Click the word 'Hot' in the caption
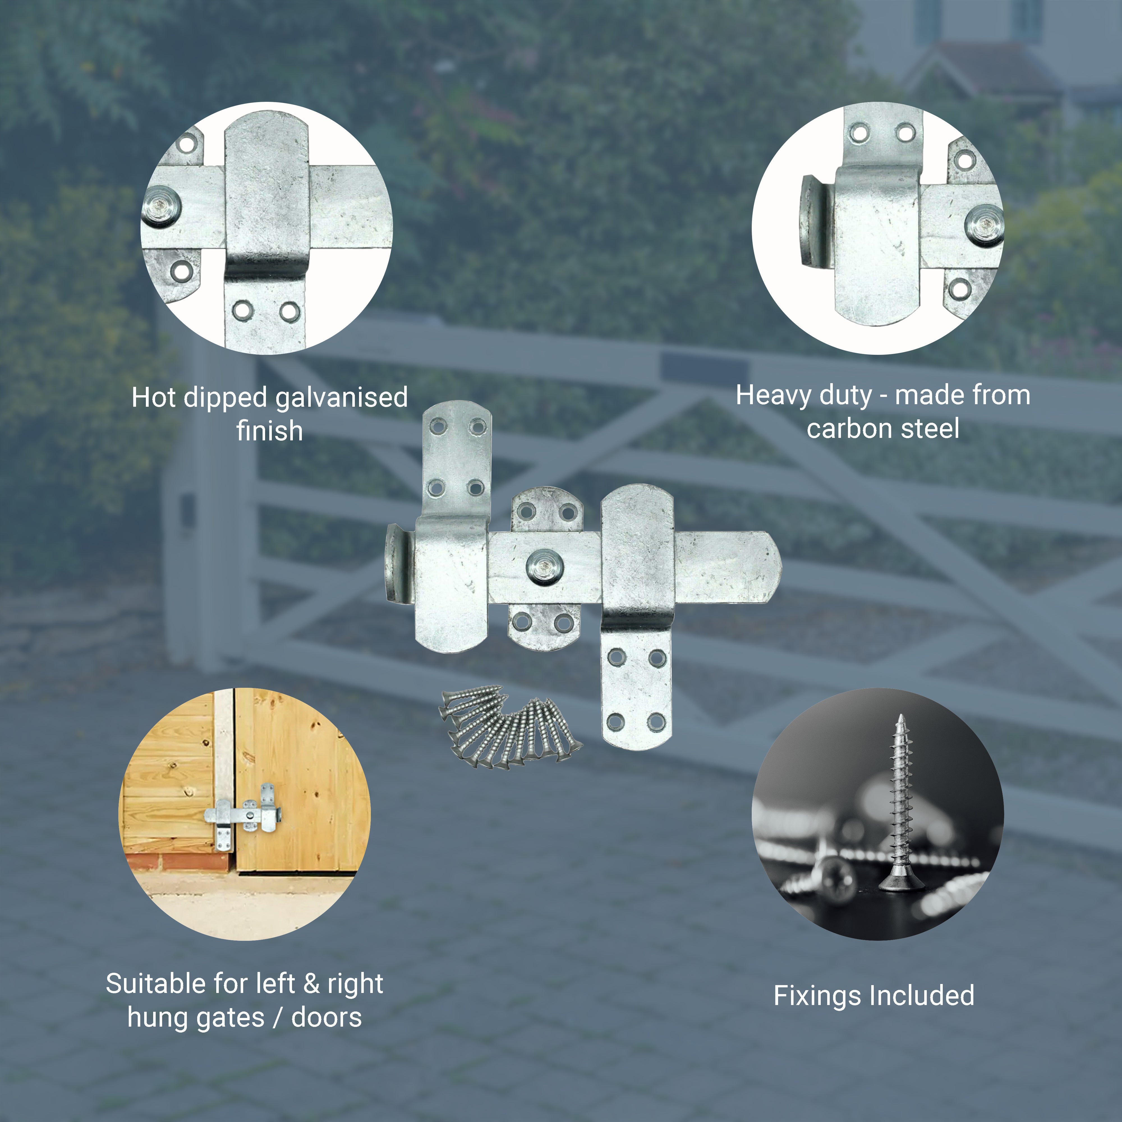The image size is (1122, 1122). (153, 398)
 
